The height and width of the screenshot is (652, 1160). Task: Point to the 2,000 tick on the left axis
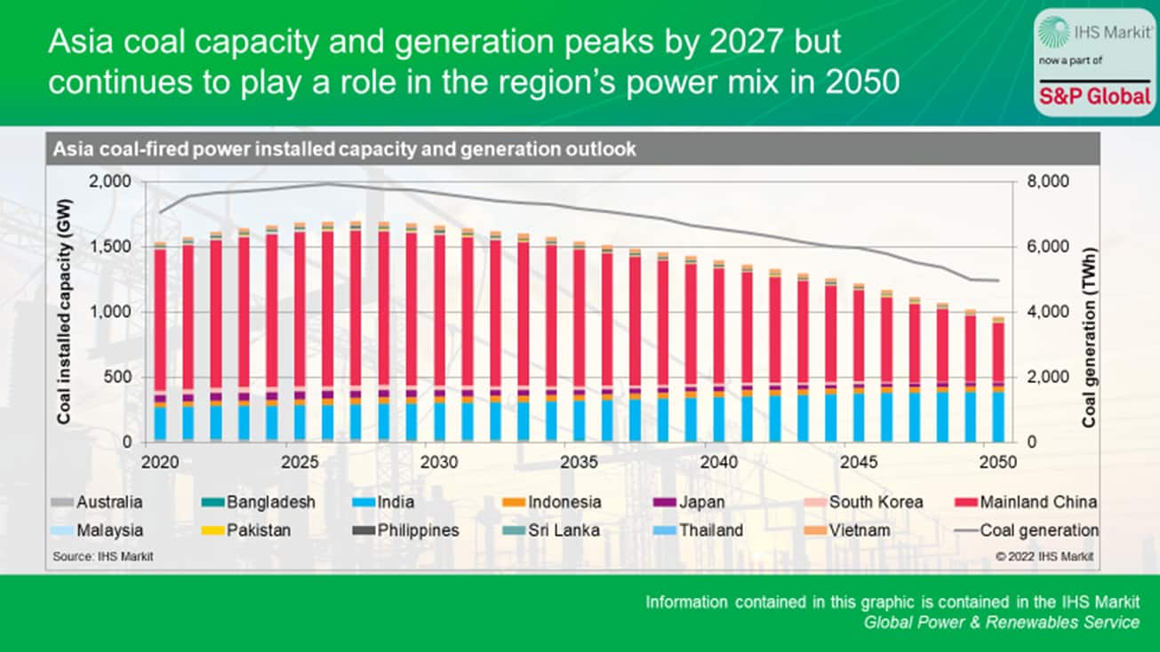tap(111, 181)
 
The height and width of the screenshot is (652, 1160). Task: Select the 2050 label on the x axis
tap(997, 463)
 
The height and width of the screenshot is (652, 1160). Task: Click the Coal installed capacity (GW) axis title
tap(65, 312)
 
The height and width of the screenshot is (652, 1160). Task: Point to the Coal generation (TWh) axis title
tap(1090, 312)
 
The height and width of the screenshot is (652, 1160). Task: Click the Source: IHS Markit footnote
tap(97, 556)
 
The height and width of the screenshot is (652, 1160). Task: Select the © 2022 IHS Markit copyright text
tap(1044, 556)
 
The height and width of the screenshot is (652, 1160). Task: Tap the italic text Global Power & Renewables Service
tap(1002, 622)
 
